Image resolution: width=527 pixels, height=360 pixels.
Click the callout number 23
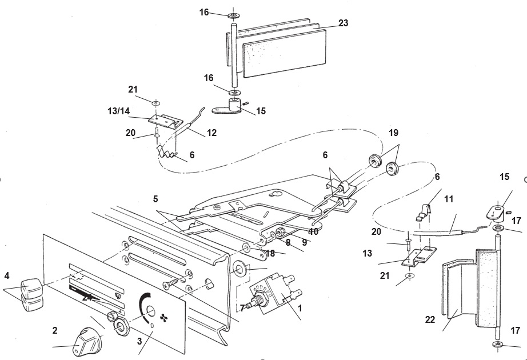[343, 23]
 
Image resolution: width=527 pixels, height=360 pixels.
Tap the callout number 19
[393, 133]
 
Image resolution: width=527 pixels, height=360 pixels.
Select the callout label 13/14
[119, 111]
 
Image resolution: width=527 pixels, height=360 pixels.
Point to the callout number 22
[430, 319]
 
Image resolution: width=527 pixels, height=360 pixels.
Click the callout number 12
[211, 133]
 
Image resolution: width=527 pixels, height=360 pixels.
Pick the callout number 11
[448, 199]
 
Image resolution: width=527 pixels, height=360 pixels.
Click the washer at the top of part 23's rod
[233, 15]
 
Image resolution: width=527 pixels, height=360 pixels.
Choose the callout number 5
[155, 199]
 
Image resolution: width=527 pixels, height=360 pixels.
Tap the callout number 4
[7, 276]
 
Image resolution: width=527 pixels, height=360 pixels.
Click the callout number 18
[270, 254]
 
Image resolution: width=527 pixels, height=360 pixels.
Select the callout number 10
[313, 231]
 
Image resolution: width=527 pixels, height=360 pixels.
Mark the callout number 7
[242, 307]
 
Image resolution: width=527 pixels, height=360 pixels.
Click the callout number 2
[55, 330]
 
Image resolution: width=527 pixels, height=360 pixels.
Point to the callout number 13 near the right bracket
[368, 254]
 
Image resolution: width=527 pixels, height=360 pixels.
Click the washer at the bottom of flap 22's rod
[498, 344]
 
